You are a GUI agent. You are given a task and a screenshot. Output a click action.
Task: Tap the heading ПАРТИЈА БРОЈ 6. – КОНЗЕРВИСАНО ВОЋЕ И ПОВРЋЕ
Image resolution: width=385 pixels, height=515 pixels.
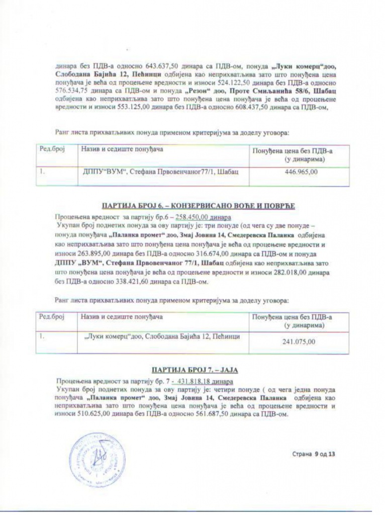(x=198, y=207)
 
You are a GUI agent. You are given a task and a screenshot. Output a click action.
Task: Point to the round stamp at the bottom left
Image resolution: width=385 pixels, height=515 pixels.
(x=93, y=456)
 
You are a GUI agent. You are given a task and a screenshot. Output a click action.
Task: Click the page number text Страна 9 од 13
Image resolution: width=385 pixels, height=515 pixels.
(x=314, y=455)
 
